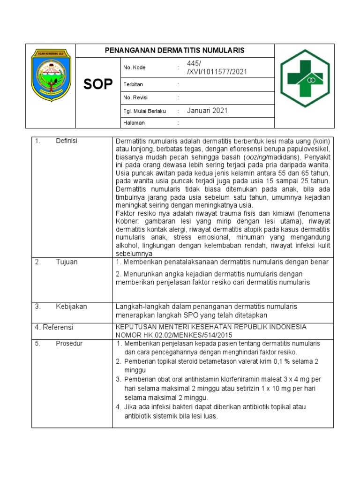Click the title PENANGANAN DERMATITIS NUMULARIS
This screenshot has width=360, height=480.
point(174,51)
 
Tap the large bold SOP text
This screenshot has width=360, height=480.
point(98,84)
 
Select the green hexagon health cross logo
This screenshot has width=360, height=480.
point(305,78)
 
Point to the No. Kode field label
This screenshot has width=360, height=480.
point(134,67)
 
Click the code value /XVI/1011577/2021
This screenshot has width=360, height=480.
point(217,72)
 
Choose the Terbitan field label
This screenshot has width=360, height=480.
point(133,84)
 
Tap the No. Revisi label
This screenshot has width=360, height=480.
point(135,97)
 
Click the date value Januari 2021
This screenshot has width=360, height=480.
point(207,111)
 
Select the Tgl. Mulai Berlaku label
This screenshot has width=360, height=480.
point(144,111)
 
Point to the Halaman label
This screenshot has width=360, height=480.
point(134,123)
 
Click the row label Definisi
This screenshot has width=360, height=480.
point(66,141)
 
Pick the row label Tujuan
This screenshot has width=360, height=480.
point(67,262)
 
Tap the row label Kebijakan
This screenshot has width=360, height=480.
point(71,307)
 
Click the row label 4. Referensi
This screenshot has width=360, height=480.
point(54,327)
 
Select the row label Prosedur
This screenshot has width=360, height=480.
point(69,344)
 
